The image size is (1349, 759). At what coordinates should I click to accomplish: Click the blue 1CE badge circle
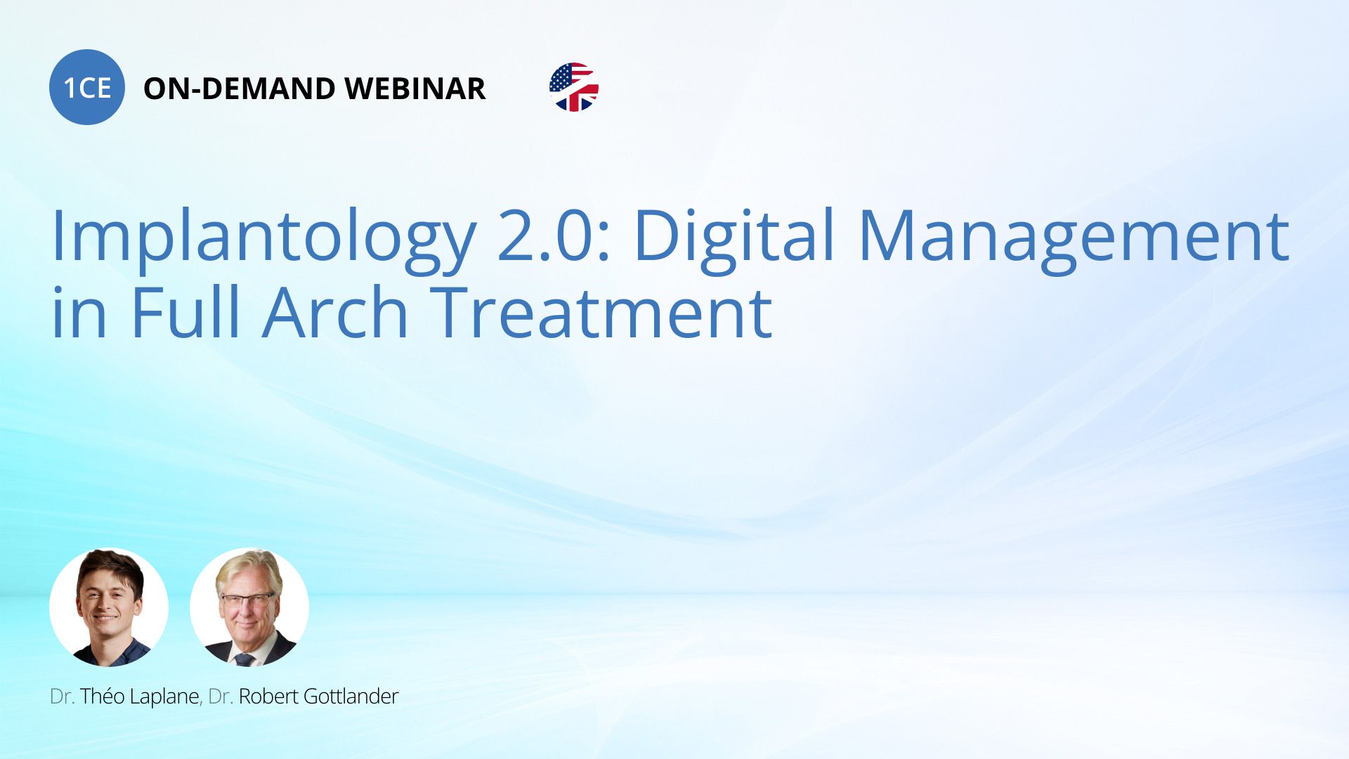[x=87, y=87]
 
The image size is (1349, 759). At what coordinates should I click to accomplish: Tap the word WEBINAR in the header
[x=415, y=89]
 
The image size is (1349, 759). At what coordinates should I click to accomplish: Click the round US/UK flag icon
[x=574, y=87]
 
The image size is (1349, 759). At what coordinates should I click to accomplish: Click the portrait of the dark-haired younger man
[x=109, y=607]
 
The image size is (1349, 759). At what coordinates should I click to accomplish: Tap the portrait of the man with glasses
[x=249, y=607]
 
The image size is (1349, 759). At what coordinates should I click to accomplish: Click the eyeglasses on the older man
[x=247, y=599]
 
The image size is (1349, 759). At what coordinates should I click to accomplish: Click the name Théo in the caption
[x=102, y=696]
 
